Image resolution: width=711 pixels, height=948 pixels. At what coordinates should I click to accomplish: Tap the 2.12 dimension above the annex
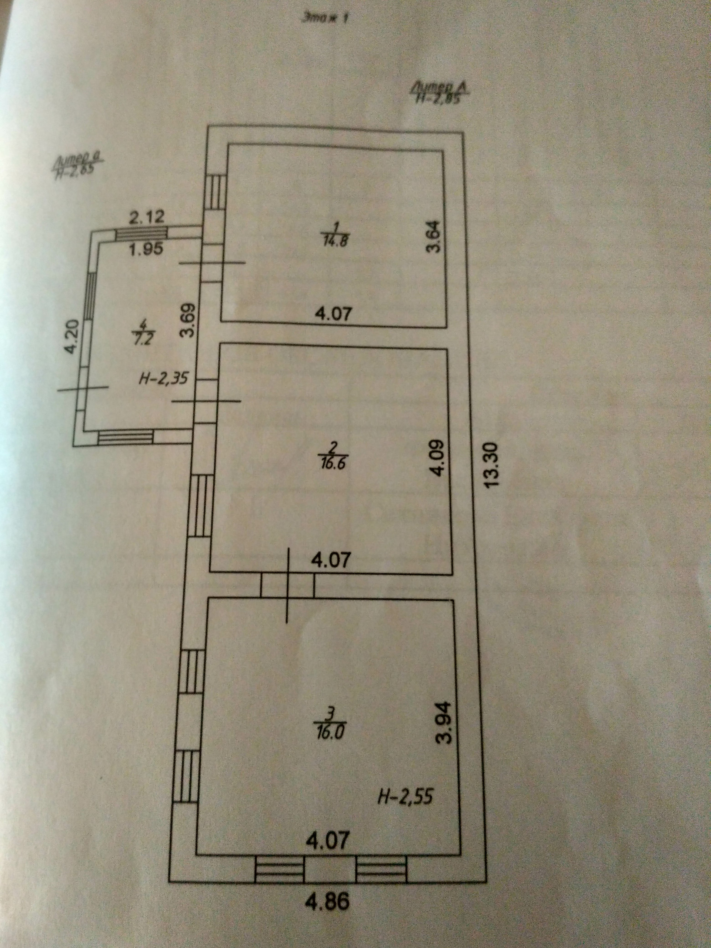pos(147,218)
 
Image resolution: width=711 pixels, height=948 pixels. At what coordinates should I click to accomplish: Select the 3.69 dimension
pos(189,320)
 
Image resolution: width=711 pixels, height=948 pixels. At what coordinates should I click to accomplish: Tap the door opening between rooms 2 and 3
pos(288,586)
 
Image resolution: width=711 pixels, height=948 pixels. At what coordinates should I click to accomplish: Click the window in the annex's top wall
pos(142,233)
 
